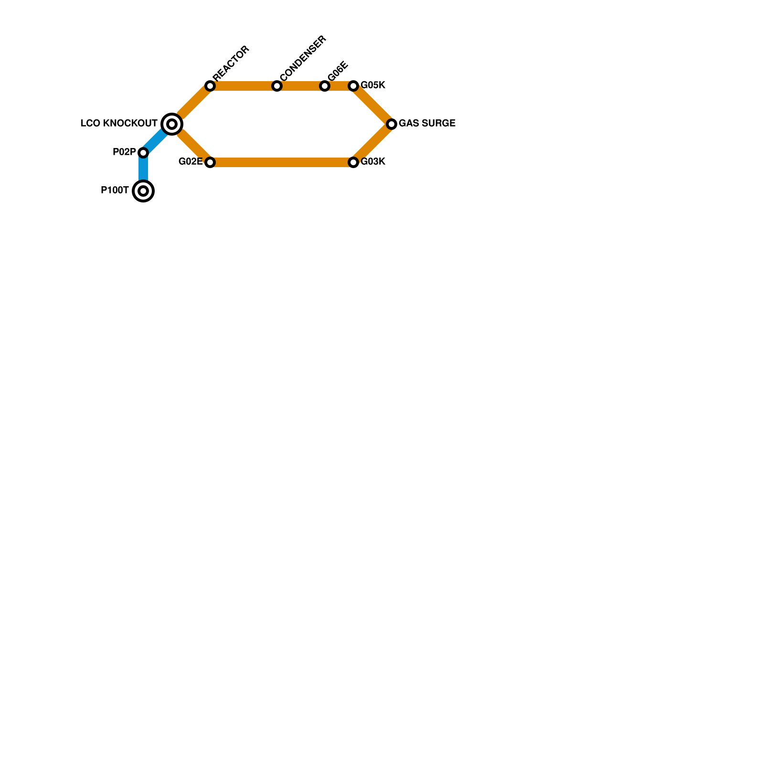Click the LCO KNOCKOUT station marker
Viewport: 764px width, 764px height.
click(172, 124)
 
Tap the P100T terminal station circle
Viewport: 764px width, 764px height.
click(143, 191)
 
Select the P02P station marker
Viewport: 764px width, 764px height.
click(143, 153)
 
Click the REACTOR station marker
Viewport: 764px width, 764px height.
click(210, 86)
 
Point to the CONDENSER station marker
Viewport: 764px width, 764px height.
click(277, 86)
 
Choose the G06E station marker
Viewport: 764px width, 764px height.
click(325, 86)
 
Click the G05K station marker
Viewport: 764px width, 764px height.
click(353, 86)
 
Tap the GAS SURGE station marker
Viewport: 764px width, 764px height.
click(392, 124)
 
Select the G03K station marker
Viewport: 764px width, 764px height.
click(353, 162)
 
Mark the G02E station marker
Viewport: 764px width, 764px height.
click(210, 162)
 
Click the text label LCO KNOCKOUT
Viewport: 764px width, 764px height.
click(119, 124)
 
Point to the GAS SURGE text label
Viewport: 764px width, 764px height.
click(427, 124)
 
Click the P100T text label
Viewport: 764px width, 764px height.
click(115, 191)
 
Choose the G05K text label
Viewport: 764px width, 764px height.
click(373, 85)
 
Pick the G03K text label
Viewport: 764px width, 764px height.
click(373, 162)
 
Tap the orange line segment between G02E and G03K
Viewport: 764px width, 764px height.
click(282, 162)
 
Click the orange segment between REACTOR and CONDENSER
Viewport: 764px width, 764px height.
click(244, 86)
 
